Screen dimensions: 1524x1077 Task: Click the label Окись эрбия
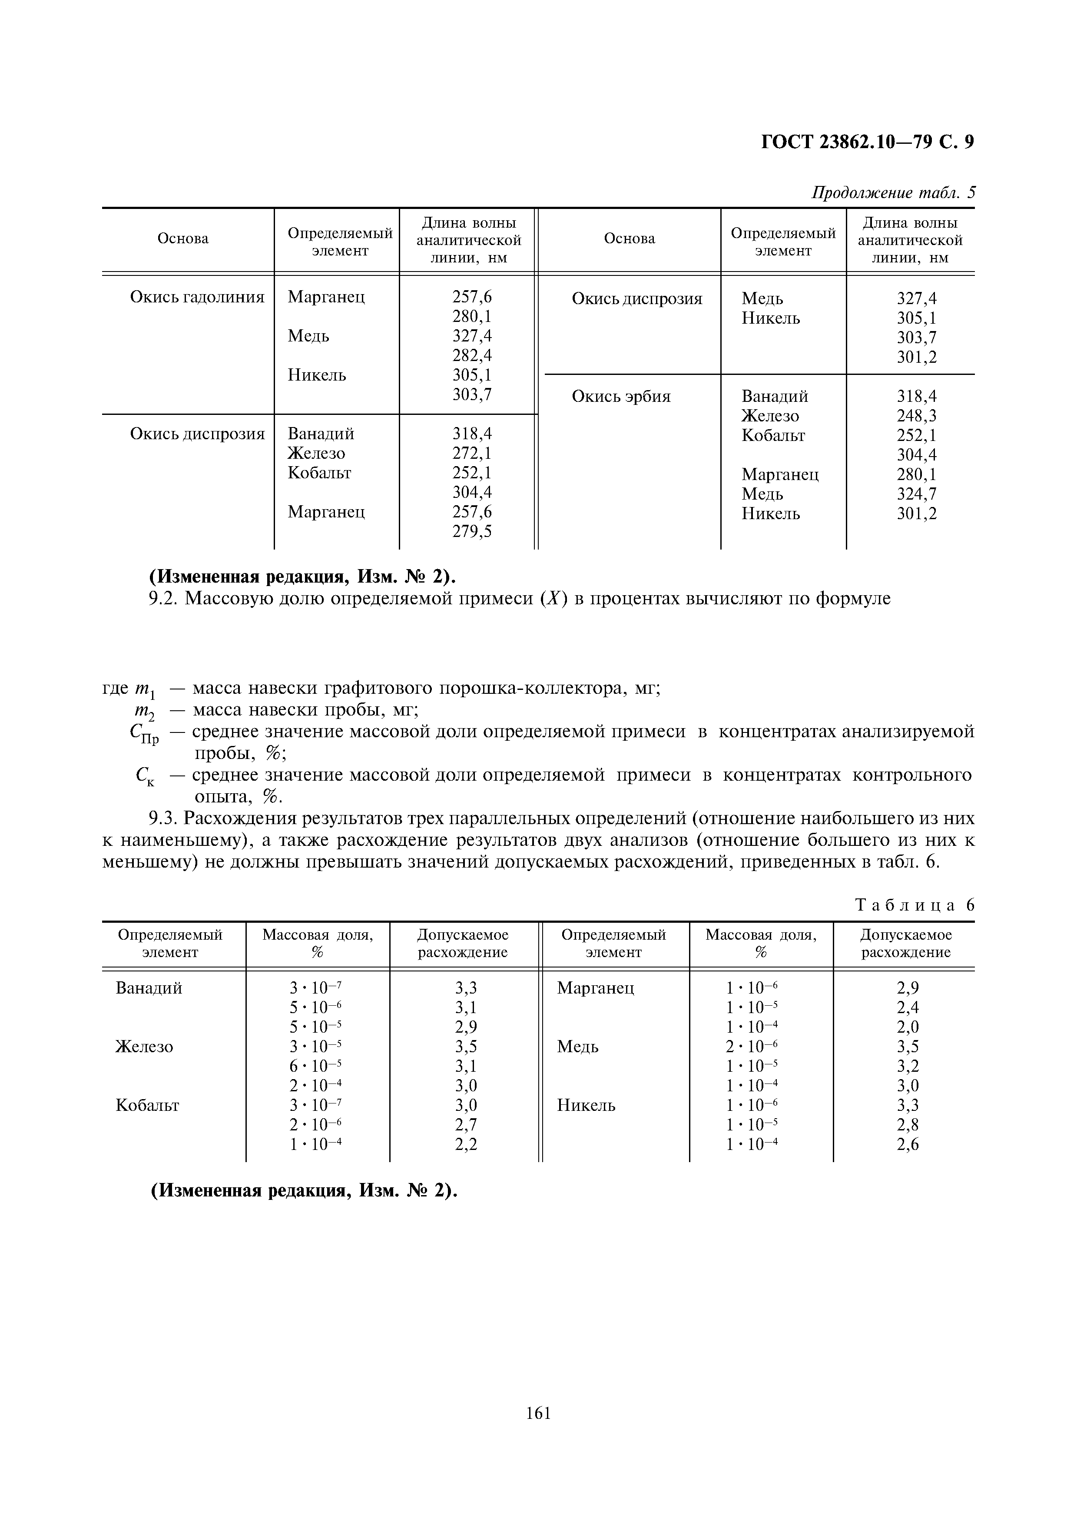[621, 397]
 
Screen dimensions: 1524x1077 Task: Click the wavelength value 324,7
[916, 494]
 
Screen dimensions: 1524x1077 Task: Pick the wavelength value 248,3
[916, 416]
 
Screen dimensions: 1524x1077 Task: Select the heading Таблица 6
[915, 905]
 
